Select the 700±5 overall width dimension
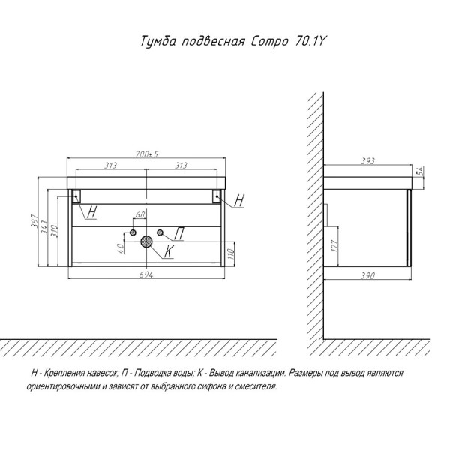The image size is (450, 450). coord(146,154)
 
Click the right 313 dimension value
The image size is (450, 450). coord(179,166)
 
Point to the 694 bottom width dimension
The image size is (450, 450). coord(146,275)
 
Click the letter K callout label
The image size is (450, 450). coord(169,253)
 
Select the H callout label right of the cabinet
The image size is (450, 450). coord(239,200)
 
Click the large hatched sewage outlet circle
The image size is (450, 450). coord(146,241)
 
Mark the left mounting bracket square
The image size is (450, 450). coord(76,196)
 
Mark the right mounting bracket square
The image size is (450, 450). coord(216,196)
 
